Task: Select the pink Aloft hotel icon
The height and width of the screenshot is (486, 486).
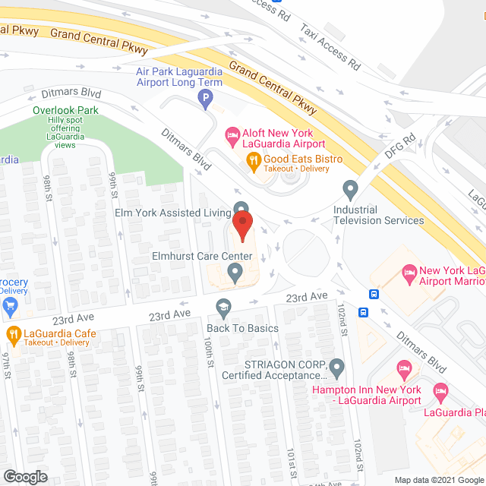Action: pos(233,137)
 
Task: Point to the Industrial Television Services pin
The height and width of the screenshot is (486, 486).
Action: pos(350,188)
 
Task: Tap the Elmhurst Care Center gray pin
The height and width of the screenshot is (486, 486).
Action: pos(235,271)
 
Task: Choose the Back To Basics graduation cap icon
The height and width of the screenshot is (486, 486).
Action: pos(222,308)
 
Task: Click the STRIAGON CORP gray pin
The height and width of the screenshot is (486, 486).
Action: pos(337,368)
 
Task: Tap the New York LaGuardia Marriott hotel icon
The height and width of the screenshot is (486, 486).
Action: pos(409,271)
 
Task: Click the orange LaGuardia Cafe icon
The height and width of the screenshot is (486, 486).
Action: pos(14,333)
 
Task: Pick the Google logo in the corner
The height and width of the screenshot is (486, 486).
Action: pos(24,477)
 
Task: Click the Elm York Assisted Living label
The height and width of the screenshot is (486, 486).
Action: pos(172,213)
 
